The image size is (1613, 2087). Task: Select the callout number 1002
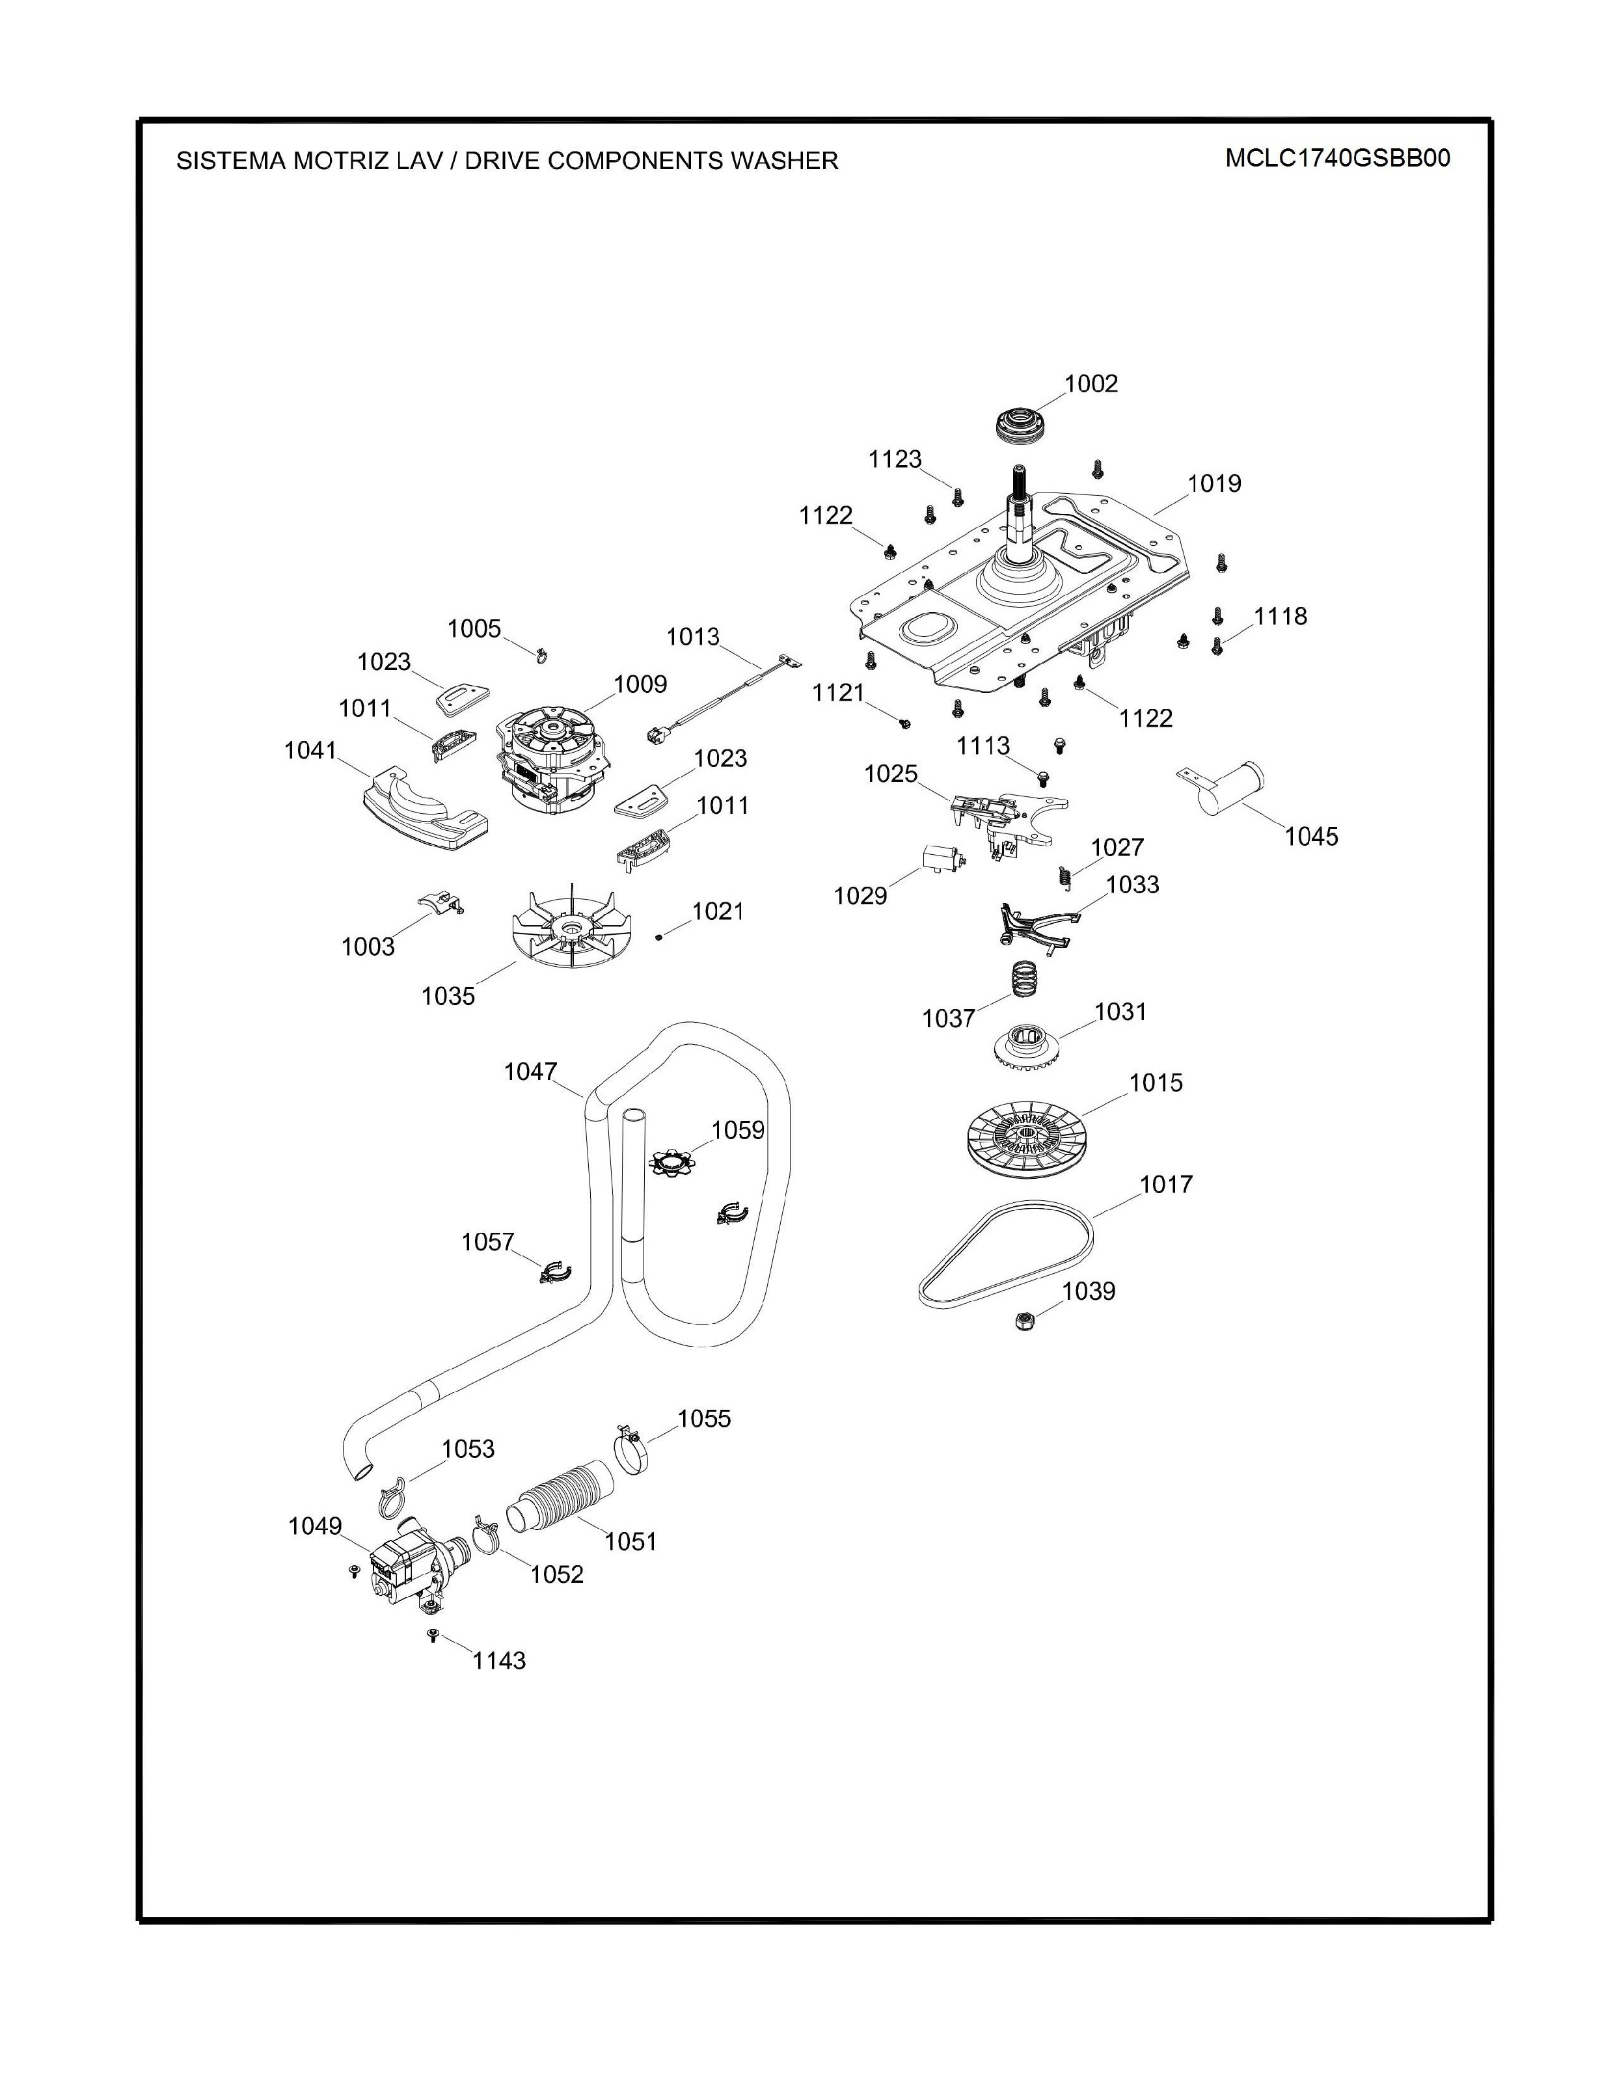coord(1091,383)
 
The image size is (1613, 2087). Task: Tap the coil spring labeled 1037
coord(1024,978)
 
